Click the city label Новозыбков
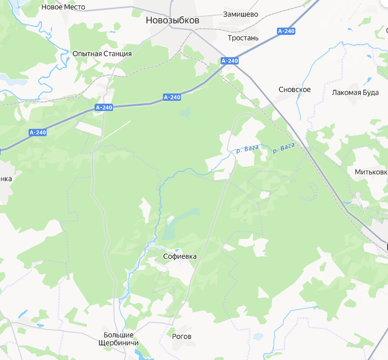pyautogui.click(x=172, y=21)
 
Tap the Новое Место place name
pyautogui.click(x=63, y=7)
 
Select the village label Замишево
pyautogui.click(x=241, y=14)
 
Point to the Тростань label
pyautogui.click(x=243, y=38)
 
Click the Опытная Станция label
pyautogui.click(x=102, y=53)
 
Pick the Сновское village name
pyautogui.click(x=294, y=90)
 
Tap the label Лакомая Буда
pyautogui.click(x=355, y=93)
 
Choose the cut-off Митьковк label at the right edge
pyautogui.click(x=371, y=172)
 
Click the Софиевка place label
pyautogui.click(x=180, y=256)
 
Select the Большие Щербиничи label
pyautogui.click(x=118, y=339)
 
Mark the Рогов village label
pyautogui.click(x=182, y=336)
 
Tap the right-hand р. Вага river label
pyautogui.click(x=283, y=148)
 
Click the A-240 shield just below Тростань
pyautogui.click(x=229, y=61)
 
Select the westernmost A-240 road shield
pyautogui.click(x=37, y=132)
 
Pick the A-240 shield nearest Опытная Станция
pyautogui.click(x=104, y=108)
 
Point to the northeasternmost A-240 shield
pyautogui.click(x=286, y=31)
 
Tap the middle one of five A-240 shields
pyautogui.click(x=172, y=97)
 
